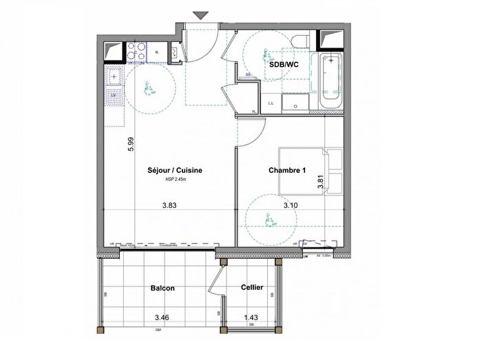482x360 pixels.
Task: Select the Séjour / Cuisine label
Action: (175, 170)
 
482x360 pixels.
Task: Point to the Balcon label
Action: (163, 288)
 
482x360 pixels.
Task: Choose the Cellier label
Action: (251, 288)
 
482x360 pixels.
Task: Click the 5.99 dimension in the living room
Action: (129, 143)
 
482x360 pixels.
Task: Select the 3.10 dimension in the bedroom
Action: (292, 204)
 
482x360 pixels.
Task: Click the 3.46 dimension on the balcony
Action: (163, 318)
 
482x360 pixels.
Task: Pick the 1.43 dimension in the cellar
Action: (251, 318)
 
